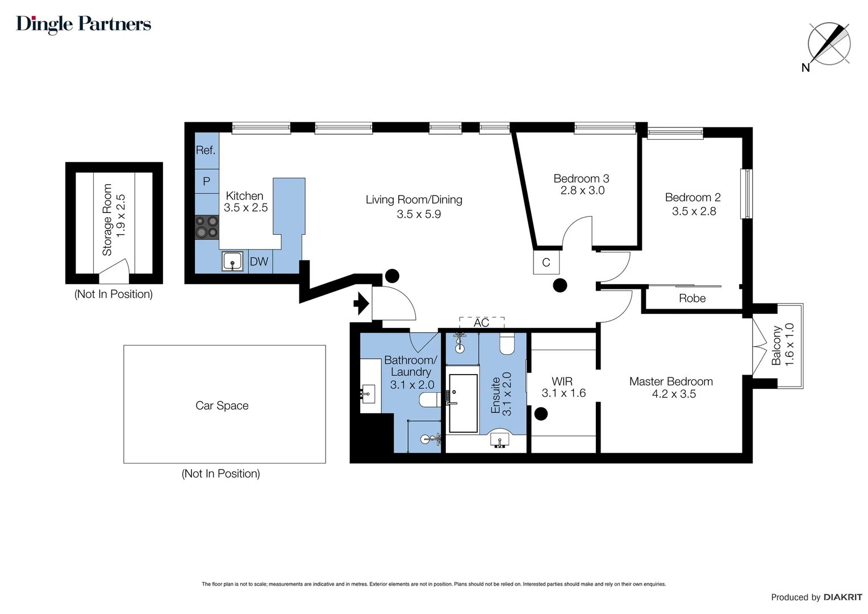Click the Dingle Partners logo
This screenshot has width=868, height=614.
(x=84, y=24)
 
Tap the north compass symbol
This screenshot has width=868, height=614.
(x=829, y=44)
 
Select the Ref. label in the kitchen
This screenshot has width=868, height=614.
(x=206, y=150)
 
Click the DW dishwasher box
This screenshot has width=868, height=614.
(x=259, y=262)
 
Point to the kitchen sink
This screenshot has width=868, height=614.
(x=232, y=262)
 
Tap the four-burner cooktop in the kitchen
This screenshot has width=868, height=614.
(x=207, y=226)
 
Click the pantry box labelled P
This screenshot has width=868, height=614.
(x=207, y=181)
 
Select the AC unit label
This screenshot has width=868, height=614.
(x=481, y=322)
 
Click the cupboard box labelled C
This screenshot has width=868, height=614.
(x=546, y=263)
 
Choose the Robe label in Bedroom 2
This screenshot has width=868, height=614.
(x=692, y=298)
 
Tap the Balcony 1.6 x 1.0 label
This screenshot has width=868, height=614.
(x=783, y=345)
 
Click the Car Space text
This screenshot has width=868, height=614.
(x=222, y=405)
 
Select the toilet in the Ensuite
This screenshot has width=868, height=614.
(x=507, y=343)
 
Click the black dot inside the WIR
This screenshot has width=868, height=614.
(x=541, y=414)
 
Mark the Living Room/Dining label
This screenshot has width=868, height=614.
(x=414, y=200)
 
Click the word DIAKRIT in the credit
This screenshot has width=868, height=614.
(x=842, y=597)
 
